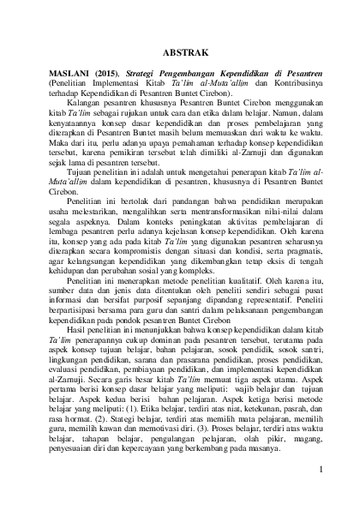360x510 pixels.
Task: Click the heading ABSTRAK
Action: coord(180,51)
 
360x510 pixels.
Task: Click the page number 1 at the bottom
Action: coord(319,470)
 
